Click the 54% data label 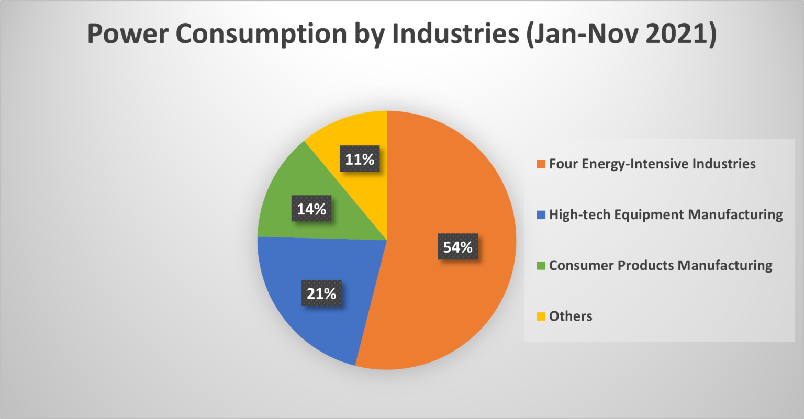[x=458, y=247]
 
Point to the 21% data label [x=321, y=293]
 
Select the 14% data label [x=311, y=209]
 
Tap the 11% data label [x=360, y=160]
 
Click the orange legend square [x=541, y=164]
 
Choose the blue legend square [x=541, y=215]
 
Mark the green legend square [x=541, y=266]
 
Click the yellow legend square [x=541, y=316]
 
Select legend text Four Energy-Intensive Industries [x=652, y=164]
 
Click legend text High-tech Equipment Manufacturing [x=666, y=214]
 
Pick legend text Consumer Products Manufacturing [x=661, y=265]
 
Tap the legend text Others [x=571, y=316]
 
